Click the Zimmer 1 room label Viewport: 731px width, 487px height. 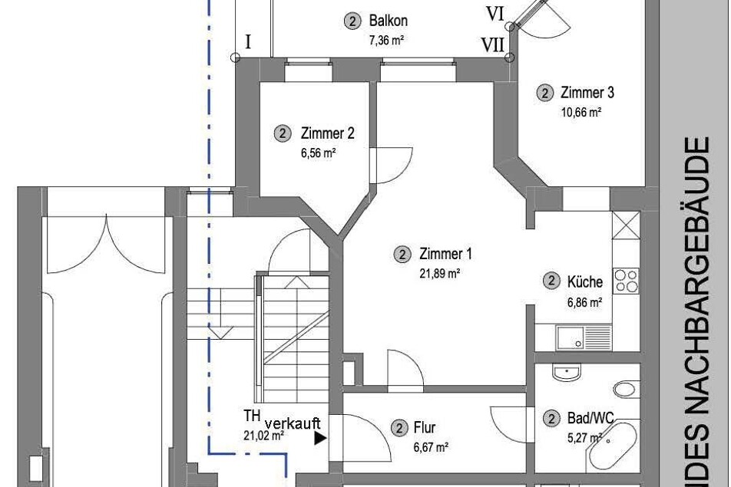pos(445,254)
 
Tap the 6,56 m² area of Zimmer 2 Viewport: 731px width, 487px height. pos(319,153)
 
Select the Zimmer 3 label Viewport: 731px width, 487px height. pos(587,93)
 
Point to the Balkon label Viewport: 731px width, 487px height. pos(388,21)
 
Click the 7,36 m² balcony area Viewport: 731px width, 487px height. pos(386,40)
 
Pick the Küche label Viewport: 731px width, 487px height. pos(584,281)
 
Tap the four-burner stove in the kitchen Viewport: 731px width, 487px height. pos(626,280)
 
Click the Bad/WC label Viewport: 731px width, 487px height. pos(590,418)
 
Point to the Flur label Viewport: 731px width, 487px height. pos(424,427)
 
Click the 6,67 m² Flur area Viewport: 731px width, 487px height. pos(431,447)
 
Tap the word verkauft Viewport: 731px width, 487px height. pos(293,423)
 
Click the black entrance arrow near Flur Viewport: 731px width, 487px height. pos(319,438)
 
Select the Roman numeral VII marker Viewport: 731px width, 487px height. pos(493,45)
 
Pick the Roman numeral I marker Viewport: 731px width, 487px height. pos(248,43)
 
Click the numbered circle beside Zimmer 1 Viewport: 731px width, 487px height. pos(402,254)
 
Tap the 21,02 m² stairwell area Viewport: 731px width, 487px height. pos(264,436)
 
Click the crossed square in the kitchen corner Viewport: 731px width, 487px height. pos(626,225)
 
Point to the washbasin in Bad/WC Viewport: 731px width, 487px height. pos(567,372)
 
